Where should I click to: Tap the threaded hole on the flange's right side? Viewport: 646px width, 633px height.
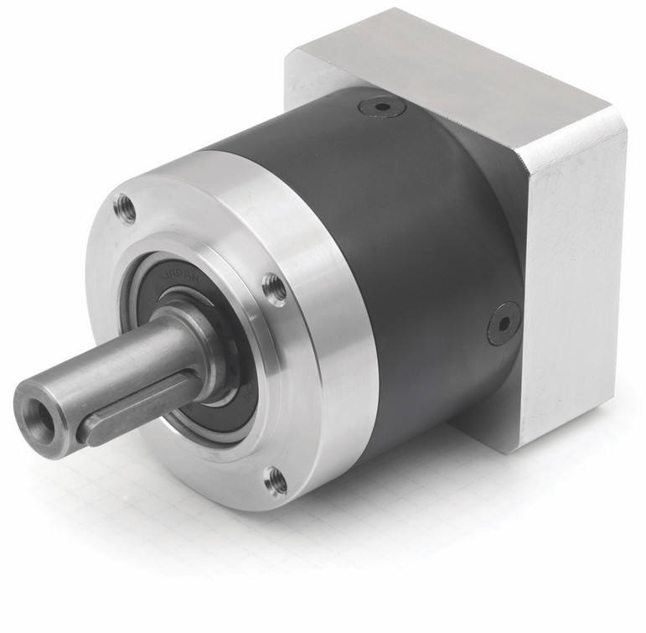pyautogui.click(x=274, y=288)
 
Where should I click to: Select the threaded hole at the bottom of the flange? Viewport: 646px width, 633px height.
pyautogui.click(x=275, y=480)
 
